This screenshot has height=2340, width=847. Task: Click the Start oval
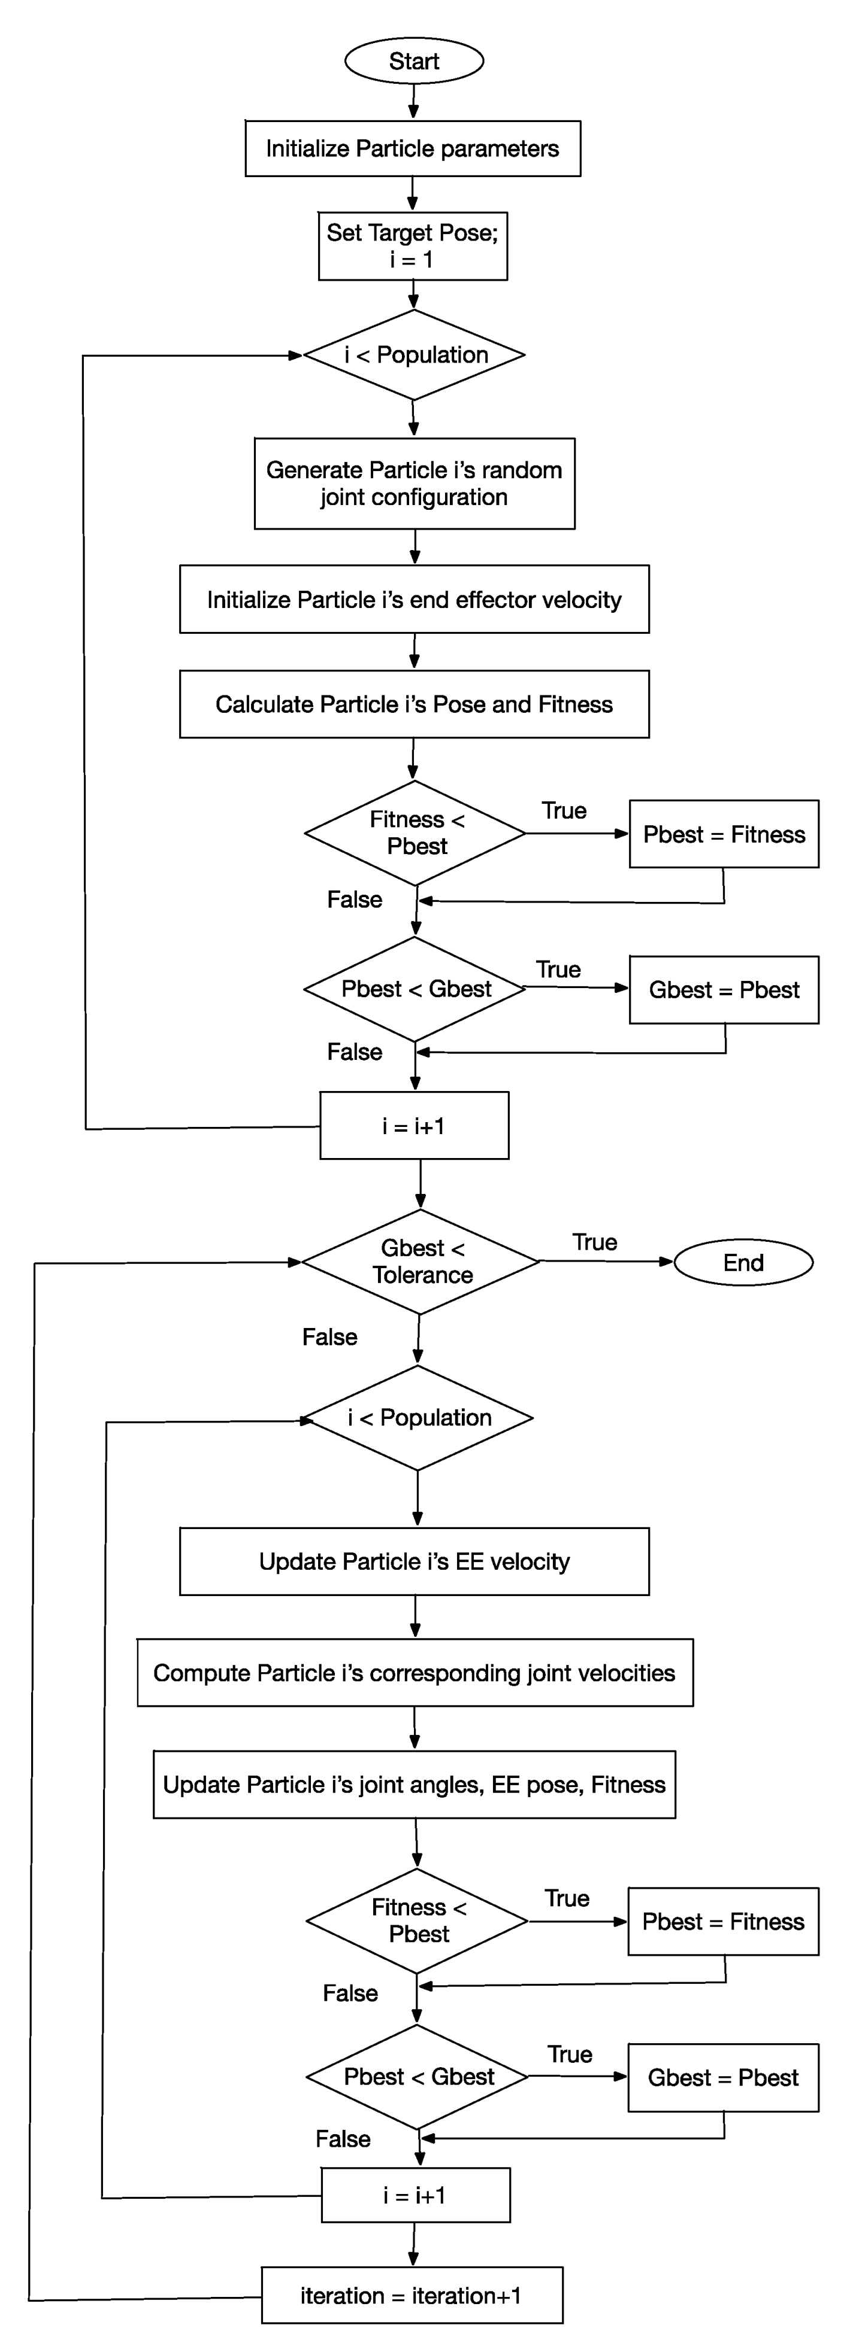pyautogui.click(x=413, y=61)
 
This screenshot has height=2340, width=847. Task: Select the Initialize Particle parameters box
pyautogui.click(x=413, y=148)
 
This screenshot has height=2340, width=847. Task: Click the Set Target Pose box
pyautogui.click(x=413, y=246)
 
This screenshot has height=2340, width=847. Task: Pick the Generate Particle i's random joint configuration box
pyautogui.click(x=415, y=484)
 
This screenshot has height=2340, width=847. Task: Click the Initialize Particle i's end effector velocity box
pyautogui.click(x=415, y=600)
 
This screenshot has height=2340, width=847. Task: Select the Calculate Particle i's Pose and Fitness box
pyautogui.click(x=415, y=704)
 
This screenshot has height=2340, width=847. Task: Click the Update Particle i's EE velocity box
pyautogui.click(x=415, y=1561)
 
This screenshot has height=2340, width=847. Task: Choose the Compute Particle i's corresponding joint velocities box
pyautogui.click(x=415, y=1673)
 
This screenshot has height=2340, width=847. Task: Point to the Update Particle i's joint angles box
pyautogui.click(x=415, y=1785)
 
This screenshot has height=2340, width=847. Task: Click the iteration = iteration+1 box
pyautogui.click(x=412, y=2296)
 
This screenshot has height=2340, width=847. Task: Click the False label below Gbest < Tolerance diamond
pyautogui.click(x=330, y=1337)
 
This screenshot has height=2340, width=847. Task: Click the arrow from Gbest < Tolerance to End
pyautogui.click(x=606, y=1261)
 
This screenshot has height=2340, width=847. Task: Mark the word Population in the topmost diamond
pyautogui.click(x=432, y=355)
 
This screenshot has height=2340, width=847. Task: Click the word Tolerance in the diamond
pyautogui.click(x=422, y=1275)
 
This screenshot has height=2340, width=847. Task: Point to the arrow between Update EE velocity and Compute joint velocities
pyautogui.click(x=415, y=1617)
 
